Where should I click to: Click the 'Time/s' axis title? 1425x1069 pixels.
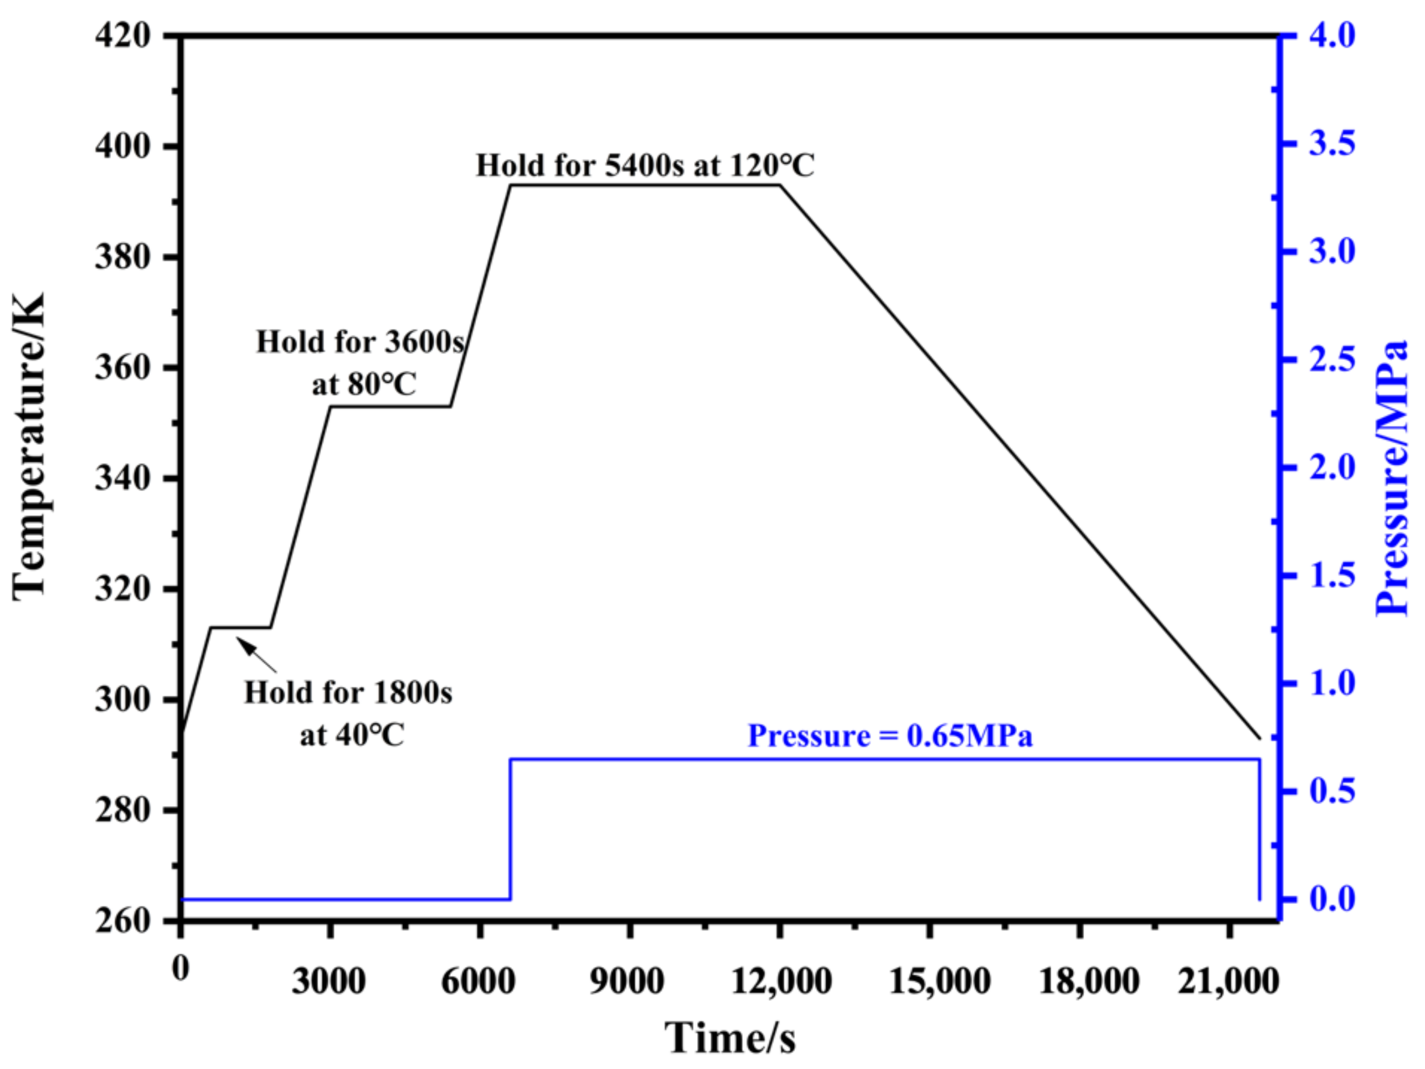coord(730,1038)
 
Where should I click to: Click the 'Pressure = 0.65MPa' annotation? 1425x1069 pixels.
coord(890,736)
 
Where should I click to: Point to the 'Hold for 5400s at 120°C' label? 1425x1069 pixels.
coord(645,166)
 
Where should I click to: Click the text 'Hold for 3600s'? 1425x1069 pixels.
coord(360,342)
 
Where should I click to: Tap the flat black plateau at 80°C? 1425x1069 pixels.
coord(390,406)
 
